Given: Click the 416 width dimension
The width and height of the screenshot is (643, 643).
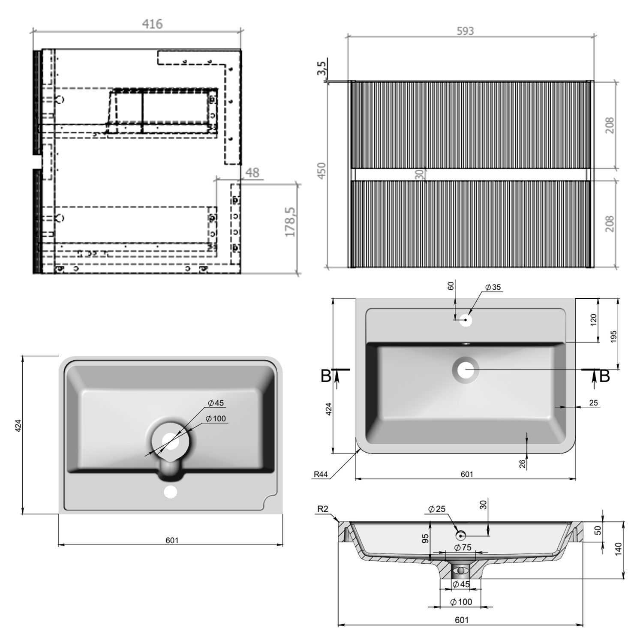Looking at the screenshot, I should click(152, 24).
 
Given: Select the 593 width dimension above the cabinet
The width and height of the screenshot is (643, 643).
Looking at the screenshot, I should click(465, 31).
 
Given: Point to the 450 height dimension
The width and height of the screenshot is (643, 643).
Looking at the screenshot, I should click(321, 170).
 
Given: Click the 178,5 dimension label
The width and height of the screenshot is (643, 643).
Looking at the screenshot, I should click(291, 222).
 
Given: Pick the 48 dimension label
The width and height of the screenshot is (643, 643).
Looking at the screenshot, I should click(252, 172).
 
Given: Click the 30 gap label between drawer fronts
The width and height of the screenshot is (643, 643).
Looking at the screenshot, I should click(420, 174).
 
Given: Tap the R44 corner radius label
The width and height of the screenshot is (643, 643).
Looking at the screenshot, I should click(321, 474).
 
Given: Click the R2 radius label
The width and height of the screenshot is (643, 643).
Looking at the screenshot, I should click(322, 509).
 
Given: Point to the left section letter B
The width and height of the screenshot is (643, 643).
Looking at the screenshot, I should click(326, 376).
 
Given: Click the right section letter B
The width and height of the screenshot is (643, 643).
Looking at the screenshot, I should click(604, 376).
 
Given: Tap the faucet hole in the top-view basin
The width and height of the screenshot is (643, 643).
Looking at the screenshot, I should click(466, 320).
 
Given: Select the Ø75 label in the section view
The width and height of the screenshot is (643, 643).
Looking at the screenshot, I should click(463, 547).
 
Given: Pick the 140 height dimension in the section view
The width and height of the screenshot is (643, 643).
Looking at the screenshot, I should click(618, 549).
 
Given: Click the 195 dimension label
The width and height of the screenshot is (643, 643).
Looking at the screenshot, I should click(613, 337).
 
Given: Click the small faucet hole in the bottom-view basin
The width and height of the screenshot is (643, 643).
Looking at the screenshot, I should click(171, 492).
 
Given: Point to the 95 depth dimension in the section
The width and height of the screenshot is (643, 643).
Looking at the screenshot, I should click(425, 539).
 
